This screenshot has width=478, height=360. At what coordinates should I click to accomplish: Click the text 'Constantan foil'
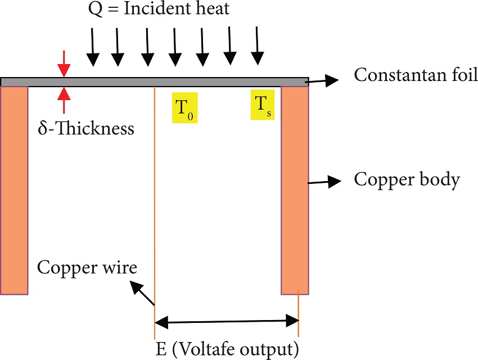(415, 75)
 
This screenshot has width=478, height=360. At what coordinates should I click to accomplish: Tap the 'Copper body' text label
(407, 181)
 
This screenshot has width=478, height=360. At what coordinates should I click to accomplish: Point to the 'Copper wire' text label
(87, 267)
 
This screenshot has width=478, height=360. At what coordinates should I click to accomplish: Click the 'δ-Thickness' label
(86, 128)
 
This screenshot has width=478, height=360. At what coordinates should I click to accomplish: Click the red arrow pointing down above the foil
(65, 63)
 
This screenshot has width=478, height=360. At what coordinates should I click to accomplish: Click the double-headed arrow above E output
(226, 322)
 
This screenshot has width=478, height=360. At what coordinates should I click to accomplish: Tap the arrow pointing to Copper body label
(325, 181)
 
